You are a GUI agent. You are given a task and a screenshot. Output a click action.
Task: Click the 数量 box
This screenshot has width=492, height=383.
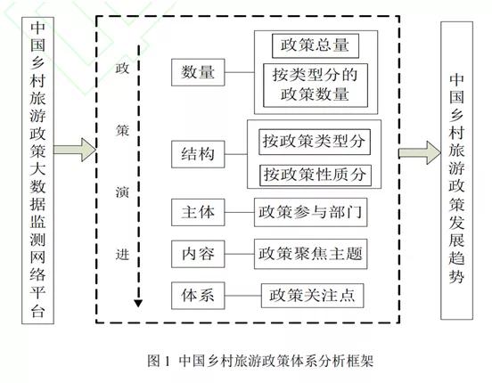(x=197, y=72)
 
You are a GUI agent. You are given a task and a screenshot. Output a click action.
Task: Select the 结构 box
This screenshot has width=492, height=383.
(x=197, y=154)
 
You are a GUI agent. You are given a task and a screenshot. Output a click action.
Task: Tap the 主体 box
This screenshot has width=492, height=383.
(x=197, y=212)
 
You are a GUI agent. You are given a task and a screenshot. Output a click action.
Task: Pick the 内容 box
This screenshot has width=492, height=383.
(x=197, y=253)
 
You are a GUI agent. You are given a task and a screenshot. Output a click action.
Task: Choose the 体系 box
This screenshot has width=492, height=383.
(x=197, y=293)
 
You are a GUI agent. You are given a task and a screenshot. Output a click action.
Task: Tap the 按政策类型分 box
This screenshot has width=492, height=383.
(x=315, y=141)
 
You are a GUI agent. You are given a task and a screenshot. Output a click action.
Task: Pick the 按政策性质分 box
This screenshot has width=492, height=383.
(x=315, y=173)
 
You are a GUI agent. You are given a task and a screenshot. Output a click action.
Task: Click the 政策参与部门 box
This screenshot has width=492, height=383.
(x=310, y=212)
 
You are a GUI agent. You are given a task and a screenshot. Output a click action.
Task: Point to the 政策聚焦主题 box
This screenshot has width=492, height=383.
(x=310, y=253)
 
